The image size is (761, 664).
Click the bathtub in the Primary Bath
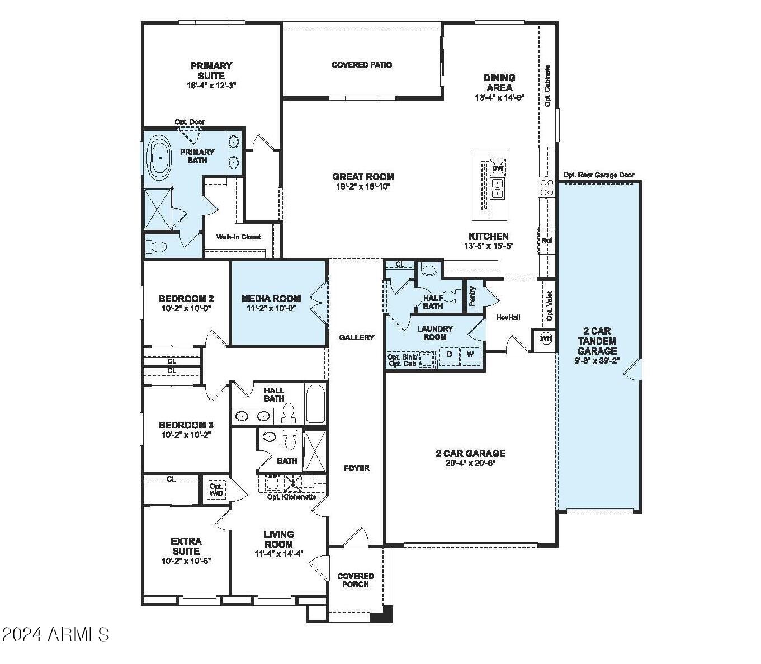159,158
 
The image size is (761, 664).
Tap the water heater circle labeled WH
546,338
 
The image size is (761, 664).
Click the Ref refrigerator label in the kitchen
546,241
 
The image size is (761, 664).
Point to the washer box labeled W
470,355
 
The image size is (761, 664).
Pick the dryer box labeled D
450,355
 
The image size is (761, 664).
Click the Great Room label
363,177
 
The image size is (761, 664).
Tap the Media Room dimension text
271,308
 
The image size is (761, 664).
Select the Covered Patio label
362,65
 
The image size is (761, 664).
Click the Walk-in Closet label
238,237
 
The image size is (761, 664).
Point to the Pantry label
472,296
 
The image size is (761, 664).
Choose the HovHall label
508,317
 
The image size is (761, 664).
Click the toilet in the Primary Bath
155,246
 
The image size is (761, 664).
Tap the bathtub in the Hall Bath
315,404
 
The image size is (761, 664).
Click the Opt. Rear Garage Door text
598,175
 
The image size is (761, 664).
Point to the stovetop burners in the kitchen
546,187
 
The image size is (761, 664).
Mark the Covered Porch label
356,580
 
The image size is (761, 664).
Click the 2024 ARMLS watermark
56,634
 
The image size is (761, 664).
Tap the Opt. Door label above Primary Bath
190,121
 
